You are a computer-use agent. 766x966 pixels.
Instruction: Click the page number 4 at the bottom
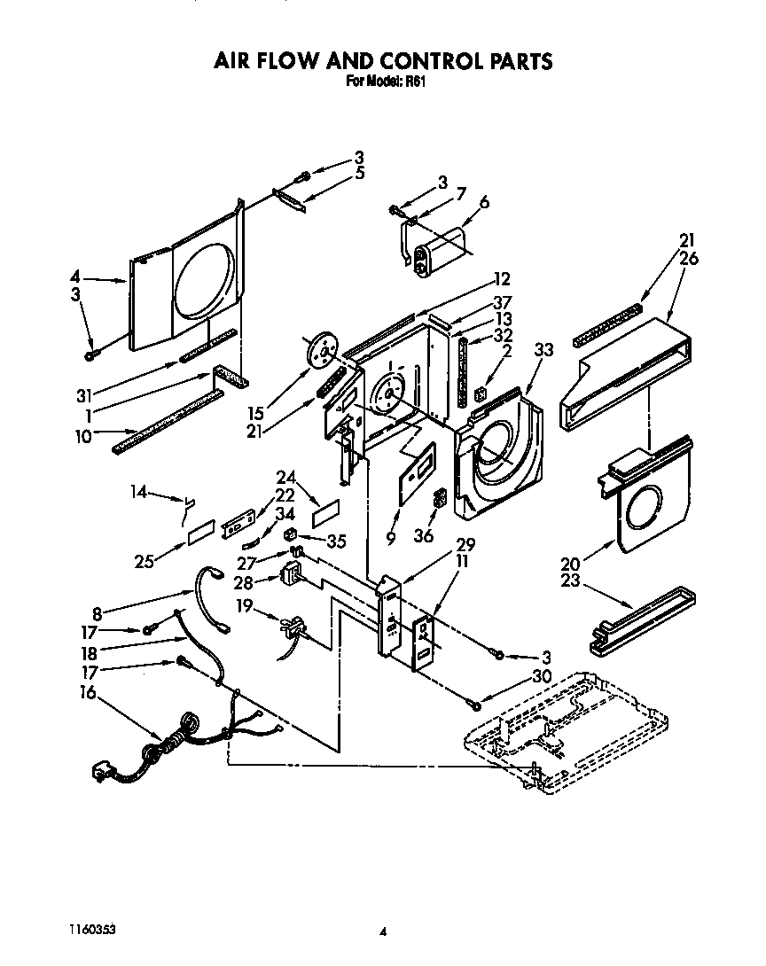pos(383,931)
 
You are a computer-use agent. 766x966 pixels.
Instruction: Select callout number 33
pos(543,349)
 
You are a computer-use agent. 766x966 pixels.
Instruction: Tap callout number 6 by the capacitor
pos(484,202)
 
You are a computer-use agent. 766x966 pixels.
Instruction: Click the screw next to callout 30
pos(476,705)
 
